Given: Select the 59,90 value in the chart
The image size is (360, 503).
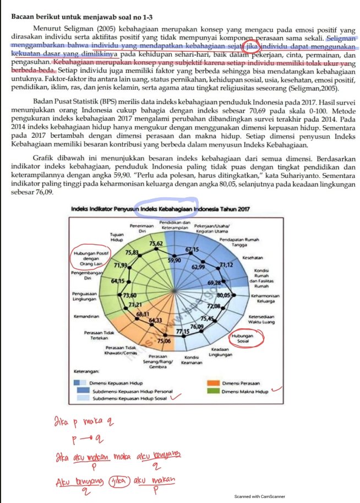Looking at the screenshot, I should [174, 260].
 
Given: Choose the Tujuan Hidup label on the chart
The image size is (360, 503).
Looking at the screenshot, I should [117, 238].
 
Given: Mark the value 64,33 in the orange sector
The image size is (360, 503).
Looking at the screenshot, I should [155, 320].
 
